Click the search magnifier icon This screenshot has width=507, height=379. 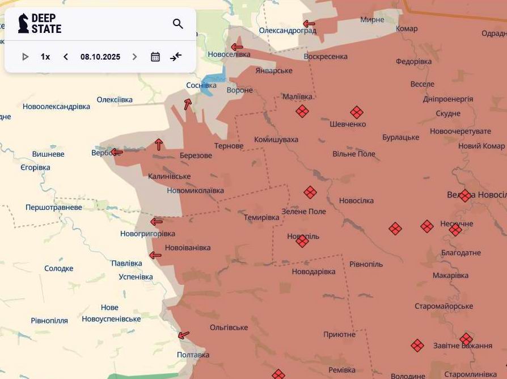pyautogui.click(x=178, y=24)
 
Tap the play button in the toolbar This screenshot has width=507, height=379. pyautogui.click(x=25, y=57)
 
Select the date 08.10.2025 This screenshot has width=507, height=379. pyautogui.click(x=100, y=57)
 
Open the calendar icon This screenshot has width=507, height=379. pyautogui.click(x=155, y=57)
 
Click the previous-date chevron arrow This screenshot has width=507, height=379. pyautogui.click(x=66, y=57)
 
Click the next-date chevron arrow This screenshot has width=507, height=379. pyautogui.click(x=134, y=57)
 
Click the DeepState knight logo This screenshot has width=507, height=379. pyautogui.click(x=23, y=23)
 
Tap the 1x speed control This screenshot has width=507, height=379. pyautogui.click(x=45, y=57)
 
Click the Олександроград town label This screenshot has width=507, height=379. pyautogui.click(x=287, y=31)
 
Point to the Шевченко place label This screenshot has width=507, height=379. pyautogui.click(x=348, y=124)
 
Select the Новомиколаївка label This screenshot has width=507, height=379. pyautogui.click(x=195, y=191)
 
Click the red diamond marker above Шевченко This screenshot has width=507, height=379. pyautogui.click(x=356, y=112)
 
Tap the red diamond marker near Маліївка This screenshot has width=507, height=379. pyautogui.click(x=302, y=111)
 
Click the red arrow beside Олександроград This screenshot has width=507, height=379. pyautogui.click(x=309, y=24)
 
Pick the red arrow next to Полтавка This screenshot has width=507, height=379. pyautogui.click(x=184, y=335)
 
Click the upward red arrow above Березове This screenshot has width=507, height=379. pyautogui.click(x=159, y=145)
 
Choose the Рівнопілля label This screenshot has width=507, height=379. pyautogui.click(x=49, y=321)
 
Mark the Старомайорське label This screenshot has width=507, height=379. pyautogui.click(x=443, y=306)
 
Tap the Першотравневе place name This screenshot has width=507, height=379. pyautogui.click(x=54, y=208)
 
